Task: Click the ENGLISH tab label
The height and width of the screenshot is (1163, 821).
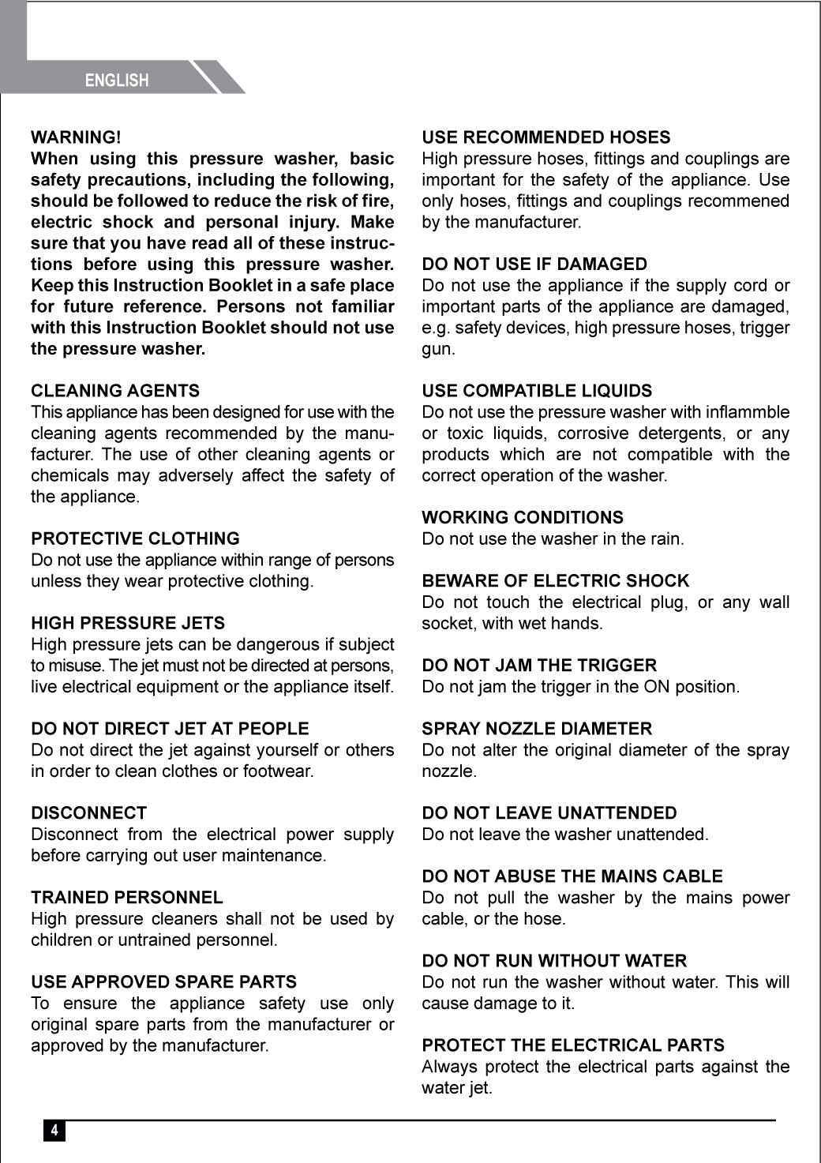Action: (x=117, y=81)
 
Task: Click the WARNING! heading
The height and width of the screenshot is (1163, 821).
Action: (x=76, y=137)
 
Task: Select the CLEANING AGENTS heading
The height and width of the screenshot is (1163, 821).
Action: (x=115, y=391)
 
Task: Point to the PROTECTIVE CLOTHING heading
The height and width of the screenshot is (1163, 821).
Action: (x=135, y=538)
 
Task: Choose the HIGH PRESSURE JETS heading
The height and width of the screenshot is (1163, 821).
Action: (x=128, y=623)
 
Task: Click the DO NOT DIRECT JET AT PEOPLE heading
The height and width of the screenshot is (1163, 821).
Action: (x=170, y=729)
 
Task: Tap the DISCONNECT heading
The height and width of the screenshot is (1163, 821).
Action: (x=88, y=813)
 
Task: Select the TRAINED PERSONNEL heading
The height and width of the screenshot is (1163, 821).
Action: (x=127, y=898)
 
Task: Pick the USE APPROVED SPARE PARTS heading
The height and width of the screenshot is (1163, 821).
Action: (x=163, y=982)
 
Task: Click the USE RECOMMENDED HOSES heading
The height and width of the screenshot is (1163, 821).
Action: (x=546, y=137)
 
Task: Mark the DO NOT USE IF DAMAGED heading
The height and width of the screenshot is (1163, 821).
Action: (x=534, y=264)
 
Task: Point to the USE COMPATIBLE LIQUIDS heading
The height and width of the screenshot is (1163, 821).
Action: (x=537, y=391)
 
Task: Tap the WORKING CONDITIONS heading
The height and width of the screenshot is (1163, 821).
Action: (x=523, y=518)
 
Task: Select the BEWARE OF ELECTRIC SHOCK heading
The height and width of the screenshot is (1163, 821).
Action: (x=556, y=581)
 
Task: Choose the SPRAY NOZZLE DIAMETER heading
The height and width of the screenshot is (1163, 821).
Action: (x=537, y=729)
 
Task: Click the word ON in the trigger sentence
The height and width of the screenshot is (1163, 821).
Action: (x=656, y=687)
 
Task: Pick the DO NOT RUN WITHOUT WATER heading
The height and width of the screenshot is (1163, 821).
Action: (x=554, y=961)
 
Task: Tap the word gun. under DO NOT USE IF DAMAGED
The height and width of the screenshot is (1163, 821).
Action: (x=438, y=349)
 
